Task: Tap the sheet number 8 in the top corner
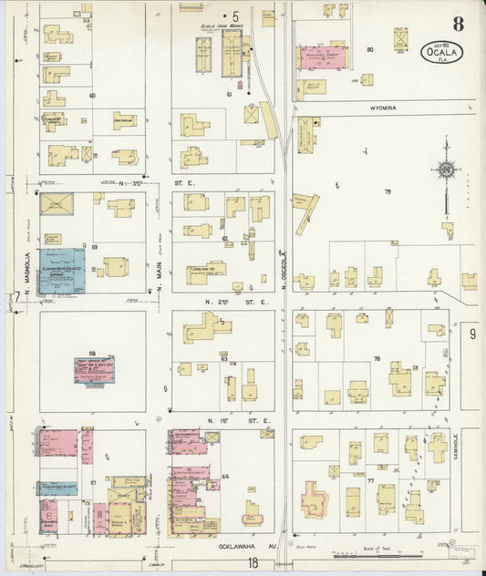point(457,25)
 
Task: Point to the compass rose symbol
point(446,170)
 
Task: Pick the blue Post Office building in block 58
point(93,369)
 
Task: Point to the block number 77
point(370,478)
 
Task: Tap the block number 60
point(92,95)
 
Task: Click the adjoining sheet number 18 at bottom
point(253,564)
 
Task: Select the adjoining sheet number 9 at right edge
point(472,334)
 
